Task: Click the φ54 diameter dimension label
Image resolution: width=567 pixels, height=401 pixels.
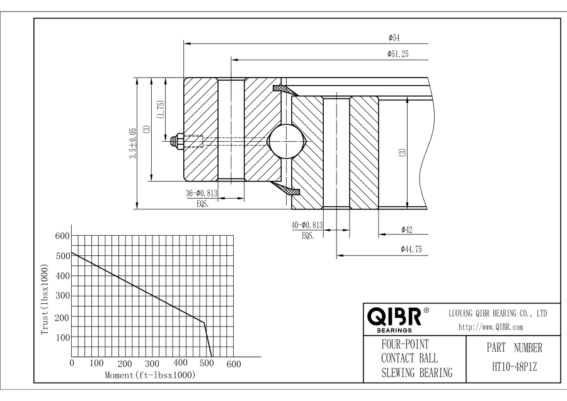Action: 395,38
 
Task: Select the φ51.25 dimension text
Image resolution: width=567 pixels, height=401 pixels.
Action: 398,54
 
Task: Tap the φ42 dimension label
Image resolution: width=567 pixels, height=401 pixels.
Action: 406,230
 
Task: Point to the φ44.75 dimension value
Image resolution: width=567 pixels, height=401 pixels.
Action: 411,250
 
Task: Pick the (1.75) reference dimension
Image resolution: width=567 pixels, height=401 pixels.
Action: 161,110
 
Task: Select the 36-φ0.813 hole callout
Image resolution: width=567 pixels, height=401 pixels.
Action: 202,194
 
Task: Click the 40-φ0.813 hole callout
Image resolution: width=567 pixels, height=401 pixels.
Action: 307,225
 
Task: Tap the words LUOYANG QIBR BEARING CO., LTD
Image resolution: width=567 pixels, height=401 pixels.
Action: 497,313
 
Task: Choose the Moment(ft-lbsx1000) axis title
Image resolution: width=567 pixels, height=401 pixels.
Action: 149,375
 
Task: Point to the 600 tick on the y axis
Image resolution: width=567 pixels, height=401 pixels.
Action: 61,236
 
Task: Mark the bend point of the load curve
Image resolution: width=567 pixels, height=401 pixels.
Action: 203,323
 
